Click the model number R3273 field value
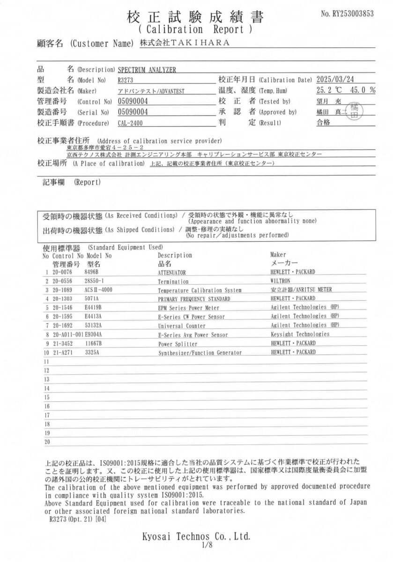[x=126, y=80]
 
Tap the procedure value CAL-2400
[x=131, y=124]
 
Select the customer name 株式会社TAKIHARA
[x=185, y=43]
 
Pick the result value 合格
[x=324, y=123]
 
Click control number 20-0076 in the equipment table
[x=61, y=272]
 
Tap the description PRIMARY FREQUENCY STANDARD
[x=194, y=299]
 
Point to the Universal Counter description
[x=182, y=325]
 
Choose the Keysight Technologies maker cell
[x=300, y=334]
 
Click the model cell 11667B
[x=95, y=343]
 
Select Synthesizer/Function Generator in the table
[x=200, y=352]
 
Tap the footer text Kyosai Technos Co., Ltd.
[x=196, y=537]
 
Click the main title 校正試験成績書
[x=195, y=17]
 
